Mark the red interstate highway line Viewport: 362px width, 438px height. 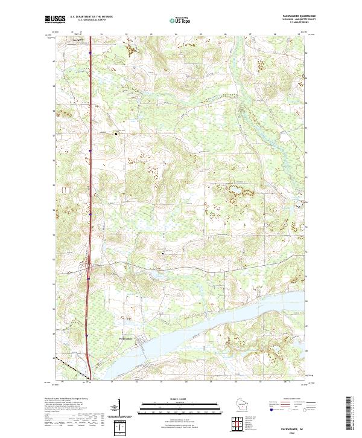pos(89,181)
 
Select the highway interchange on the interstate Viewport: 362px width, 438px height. pos(88,264)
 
